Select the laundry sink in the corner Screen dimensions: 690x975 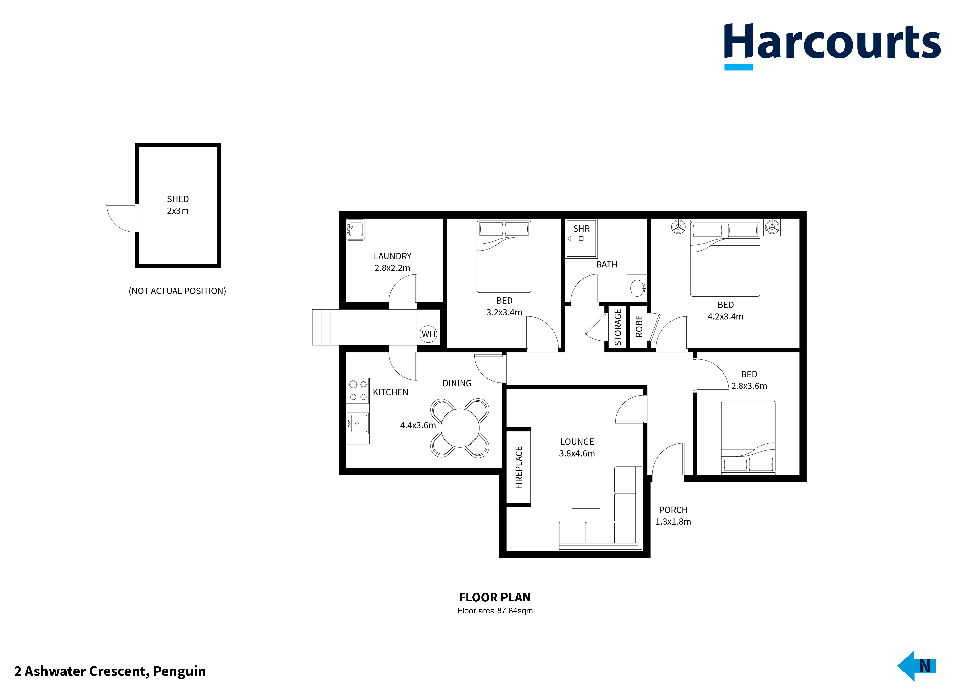click(x=355, y=230)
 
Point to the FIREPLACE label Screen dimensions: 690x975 click(x=519, y=467)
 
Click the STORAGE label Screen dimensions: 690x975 click(x=618, y=327)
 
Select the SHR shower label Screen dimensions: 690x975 click(x=581, y=229)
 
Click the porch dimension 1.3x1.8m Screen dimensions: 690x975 click(x=673, y=522)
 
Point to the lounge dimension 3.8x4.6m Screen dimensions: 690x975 click(x=577, y=454)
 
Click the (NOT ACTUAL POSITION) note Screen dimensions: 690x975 click(x=177, y=291)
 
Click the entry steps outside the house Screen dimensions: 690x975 click(x=325, y=327)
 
